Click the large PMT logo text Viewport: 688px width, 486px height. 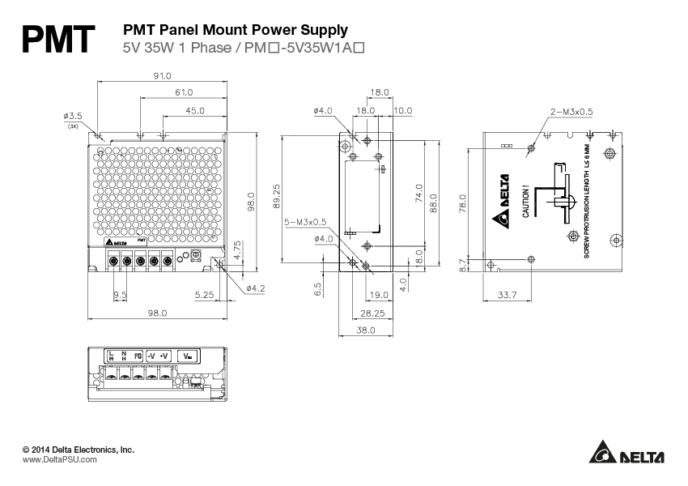coord(59,39)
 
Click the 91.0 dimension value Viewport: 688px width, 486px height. coord(162,75)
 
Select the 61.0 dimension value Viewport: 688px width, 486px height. coord(184,92)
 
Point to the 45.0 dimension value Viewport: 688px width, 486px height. coord(195,110)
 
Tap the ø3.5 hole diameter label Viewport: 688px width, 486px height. coord(74,117)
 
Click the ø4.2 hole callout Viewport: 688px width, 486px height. coord(255,288)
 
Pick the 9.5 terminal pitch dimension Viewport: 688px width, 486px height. coord(120,295)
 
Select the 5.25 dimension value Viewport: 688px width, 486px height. coord(204,295)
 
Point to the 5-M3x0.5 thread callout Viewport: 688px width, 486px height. coord(304,221)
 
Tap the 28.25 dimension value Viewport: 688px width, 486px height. coord(372,312)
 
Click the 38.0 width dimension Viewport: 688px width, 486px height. coord(367,330)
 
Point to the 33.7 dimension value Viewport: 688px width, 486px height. coord(506,296)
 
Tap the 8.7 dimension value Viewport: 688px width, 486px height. coord(462,263)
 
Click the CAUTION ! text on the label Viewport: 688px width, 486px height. coord(525,202)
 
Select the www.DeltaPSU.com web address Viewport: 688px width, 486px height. coord(59,459)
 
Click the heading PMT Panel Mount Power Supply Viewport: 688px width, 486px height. coord(235,30)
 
